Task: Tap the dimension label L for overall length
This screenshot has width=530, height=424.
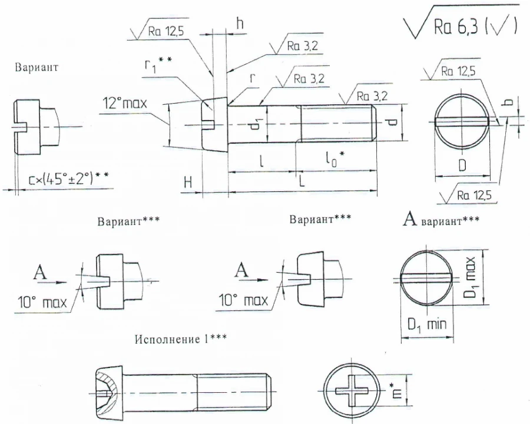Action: (301, 181)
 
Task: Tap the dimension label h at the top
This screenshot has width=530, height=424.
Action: (240, 24)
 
